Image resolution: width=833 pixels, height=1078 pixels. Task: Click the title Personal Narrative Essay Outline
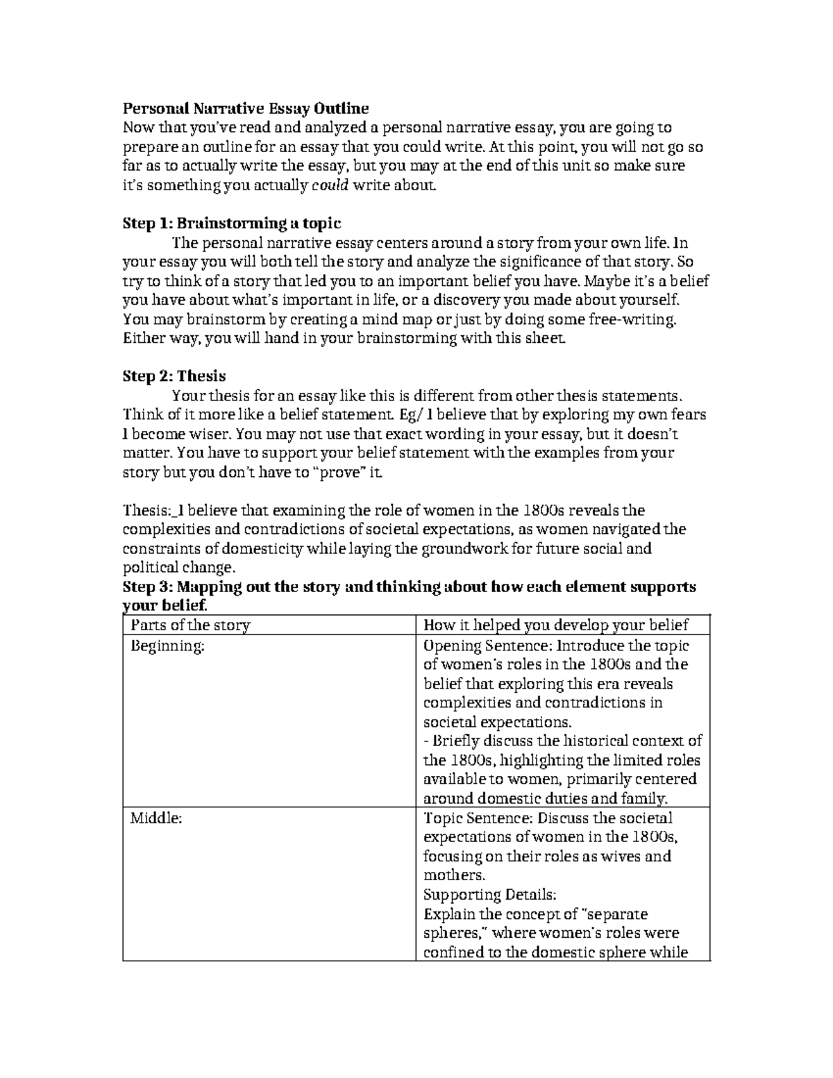point(246,108)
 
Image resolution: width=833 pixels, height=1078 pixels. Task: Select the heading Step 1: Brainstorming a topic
point(232,224)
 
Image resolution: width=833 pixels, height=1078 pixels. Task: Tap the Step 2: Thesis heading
point(174,376)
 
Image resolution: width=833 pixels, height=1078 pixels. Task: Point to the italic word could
point(330,185)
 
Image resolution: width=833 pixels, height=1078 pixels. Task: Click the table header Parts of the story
point(190,625)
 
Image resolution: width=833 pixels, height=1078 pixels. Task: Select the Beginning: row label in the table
point(168,646)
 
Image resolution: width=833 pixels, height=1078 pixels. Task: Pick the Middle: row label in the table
point(156,818)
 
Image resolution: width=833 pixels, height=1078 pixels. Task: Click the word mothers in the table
point(453,875)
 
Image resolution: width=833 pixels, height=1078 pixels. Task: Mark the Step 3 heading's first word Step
point(141,587)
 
